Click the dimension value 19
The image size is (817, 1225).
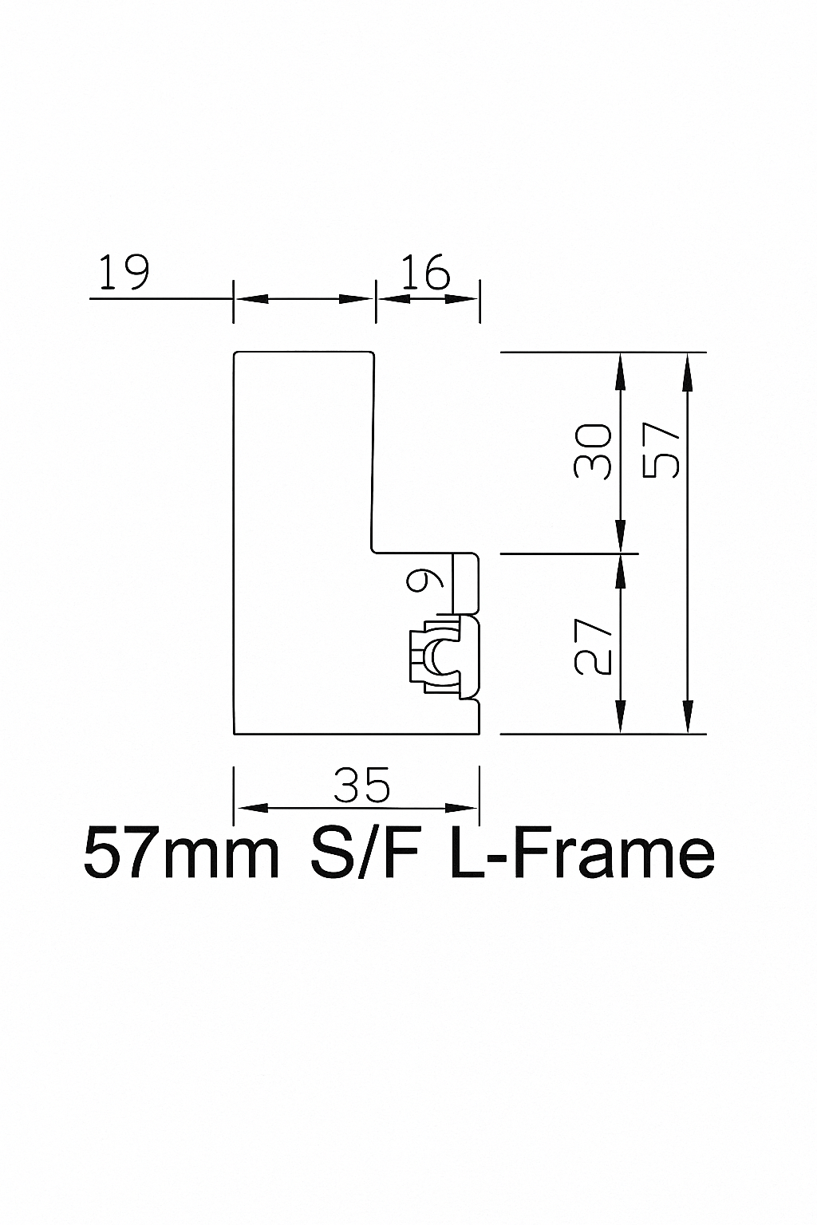[123, 273]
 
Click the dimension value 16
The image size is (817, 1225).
[425, 273]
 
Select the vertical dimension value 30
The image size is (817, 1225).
[593, 451]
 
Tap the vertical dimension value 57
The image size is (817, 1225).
[661, 451]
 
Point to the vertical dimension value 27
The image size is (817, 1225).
[594, 645]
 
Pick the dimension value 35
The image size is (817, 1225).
[362, 786]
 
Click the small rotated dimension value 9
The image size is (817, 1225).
[424, 580]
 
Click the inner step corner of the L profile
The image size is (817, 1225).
[374, 549]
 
